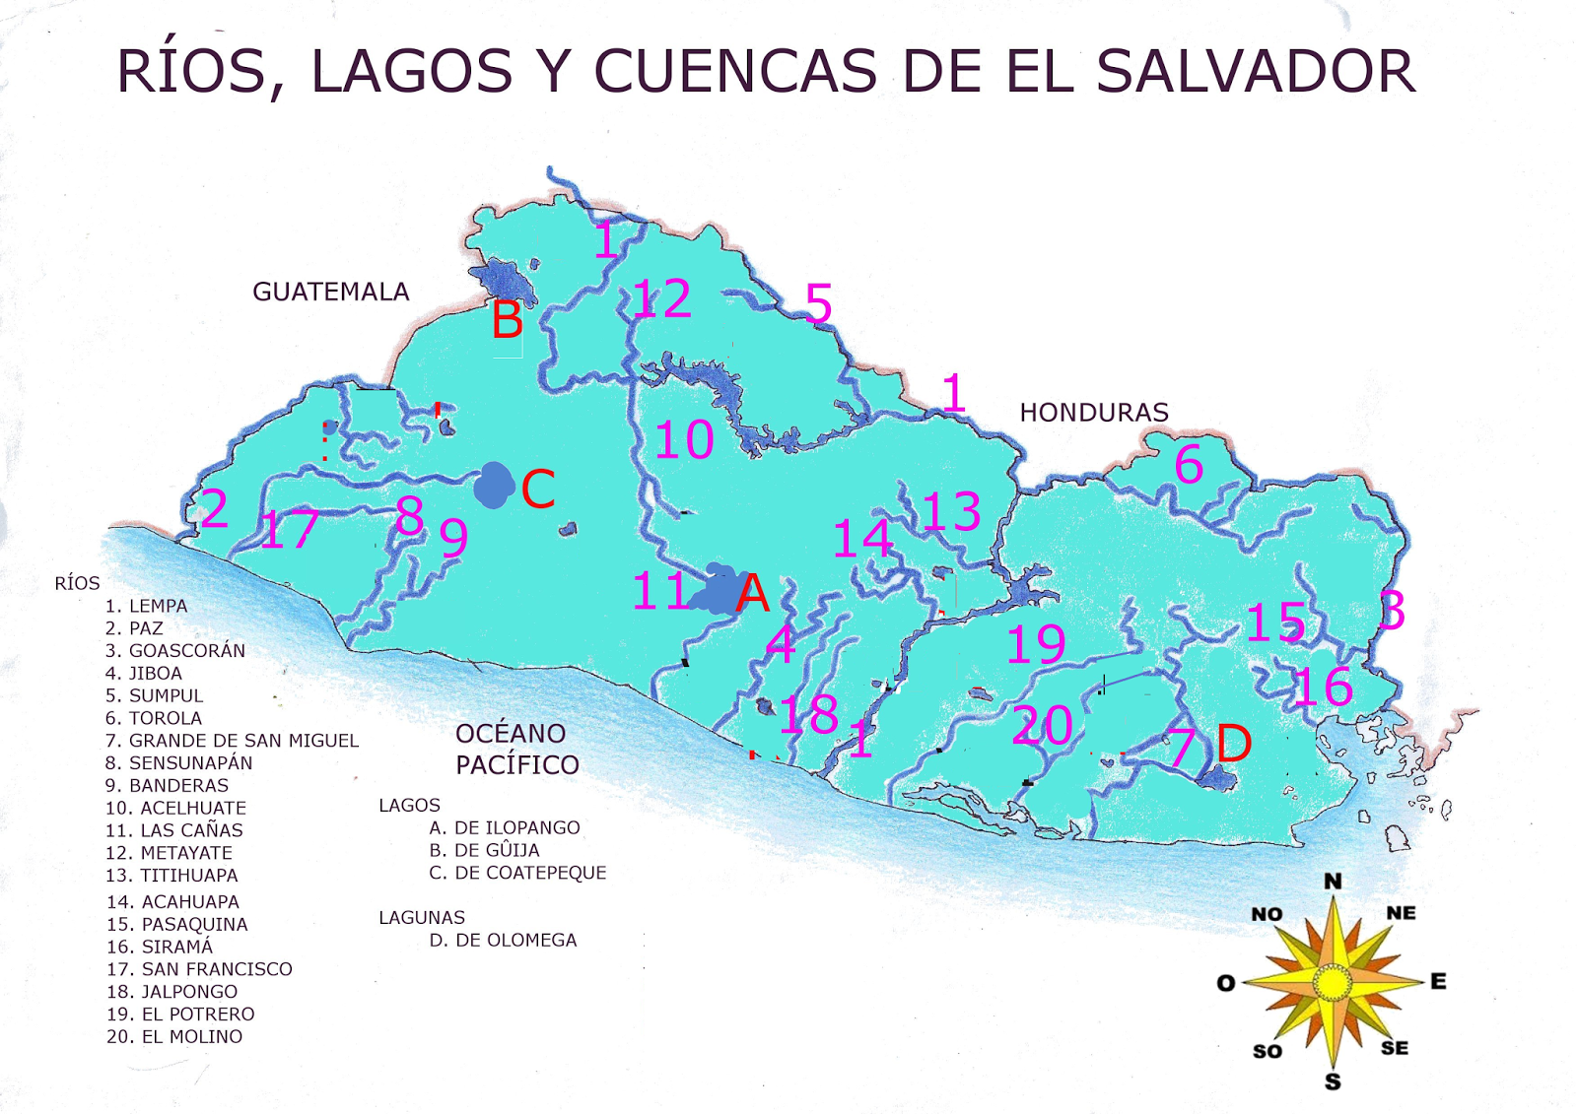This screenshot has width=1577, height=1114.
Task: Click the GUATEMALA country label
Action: (x=330, y=292)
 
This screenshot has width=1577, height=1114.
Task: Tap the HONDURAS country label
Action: (x=1093, y=412)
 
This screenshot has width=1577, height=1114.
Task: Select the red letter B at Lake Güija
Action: (x=508, y=320)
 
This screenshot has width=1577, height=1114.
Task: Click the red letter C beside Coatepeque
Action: (x=538, y=489)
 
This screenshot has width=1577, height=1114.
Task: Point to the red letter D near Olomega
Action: (x=1234, y=743)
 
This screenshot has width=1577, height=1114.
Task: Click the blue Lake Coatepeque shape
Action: (x=494, y=485)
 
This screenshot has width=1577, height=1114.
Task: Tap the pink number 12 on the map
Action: (x=661, y=298)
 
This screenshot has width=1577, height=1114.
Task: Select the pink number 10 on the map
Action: (x=684, y=440)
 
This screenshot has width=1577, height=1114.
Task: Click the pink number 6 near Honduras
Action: (x=1189, y=464)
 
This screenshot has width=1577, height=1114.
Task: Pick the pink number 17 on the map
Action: (x=288, y=530)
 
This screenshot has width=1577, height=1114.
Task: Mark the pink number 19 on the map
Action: (x=1035, y=645)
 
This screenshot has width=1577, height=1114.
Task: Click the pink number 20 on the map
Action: (x=1042, y=726)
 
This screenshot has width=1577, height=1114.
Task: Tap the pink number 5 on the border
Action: (x=818, y=303)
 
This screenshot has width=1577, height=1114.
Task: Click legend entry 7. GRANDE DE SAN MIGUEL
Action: (x=232, y=741)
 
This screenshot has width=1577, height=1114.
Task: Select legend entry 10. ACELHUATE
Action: (x=175, y=808)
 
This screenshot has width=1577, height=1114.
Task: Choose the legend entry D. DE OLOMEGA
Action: (x=503, y=940)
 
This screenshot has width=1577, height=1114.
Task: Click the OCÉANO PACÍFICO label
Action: (x=516, y=749)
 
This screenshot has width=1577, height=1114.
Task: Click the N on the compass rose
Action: (x=1332, y=881)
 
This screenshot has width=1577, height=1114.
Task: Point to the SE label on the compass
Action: (x=1394, y=1048)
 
